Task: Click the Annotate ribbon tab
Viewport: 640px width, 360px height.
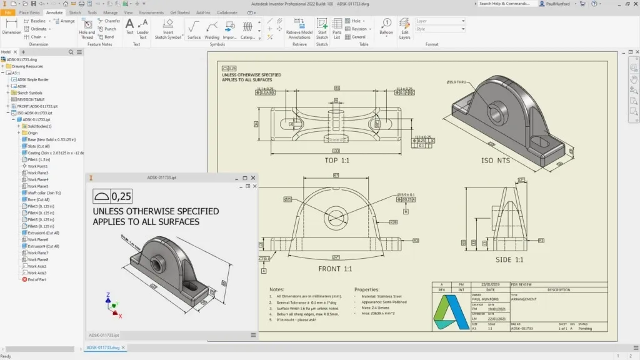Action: coord(54,12)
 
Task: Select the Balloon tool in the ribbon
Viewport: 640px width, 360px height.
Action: coord(386,28)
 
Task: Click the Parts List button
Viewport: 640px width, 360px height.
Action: coord(337,28)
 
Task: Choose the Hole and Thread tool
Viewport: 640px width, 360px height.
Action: coord(87,29)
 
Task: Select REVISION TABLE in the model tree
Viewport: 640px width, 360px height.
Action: coord(31,99)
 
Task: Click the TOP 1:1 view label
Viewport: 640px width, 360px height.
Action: coord(336,161)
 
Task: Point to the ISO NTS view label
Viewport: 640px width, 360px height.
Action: coord(495,161)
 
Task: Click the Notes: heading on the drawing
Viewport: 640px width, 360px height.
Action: coord(277,289)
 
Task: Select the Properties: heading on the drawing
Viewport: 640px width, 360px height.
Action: coord(367,289)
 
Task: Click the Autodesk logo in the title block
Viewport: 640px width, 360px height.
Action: coord(451,312)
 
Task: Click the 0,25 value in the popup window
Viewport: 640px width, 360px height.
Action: coord(121,196)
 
